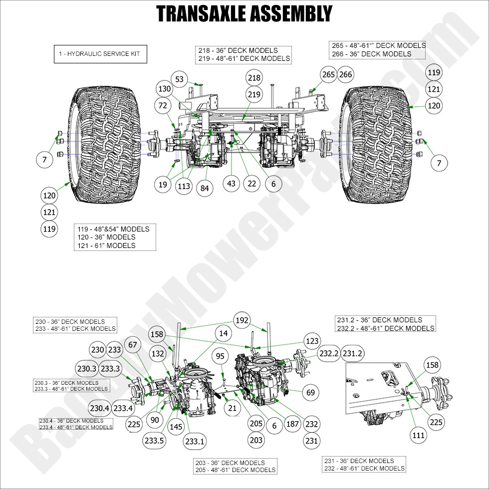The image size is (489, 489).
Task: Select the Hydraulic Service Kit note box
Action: [x=100, y=54]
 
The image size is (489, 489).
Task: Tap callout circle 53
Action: [x=180, y=79]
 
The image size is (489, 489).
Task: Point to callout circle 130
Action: [x=164, y=88]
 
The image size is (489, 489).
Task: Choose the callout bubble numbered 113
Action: [x=184, y=186]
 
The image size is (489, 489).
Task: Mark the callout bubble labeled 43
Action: [x=231, y=184]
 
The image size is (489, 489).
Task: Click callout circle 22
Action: [x=251, y=184]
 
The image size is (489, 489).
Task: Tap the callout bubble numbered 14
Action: [x=224, y=333]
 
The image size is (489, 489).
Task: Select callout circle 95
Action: [x=220, y=356]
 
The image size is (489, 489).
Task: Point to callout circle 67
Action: [x=133, y=345]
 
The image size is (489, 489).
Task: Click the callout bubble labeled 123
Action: [x=312, y=341]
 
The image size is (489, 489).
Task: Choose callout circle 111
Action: [x=418, y=435]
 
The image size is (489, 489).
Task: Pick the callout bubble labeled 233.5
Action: [x=154, y=441]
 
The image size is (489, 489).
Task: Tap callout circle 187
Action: [x=292, y=424]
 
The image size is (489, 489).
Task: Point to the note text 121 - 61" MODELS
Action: [x=106, y=245]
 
